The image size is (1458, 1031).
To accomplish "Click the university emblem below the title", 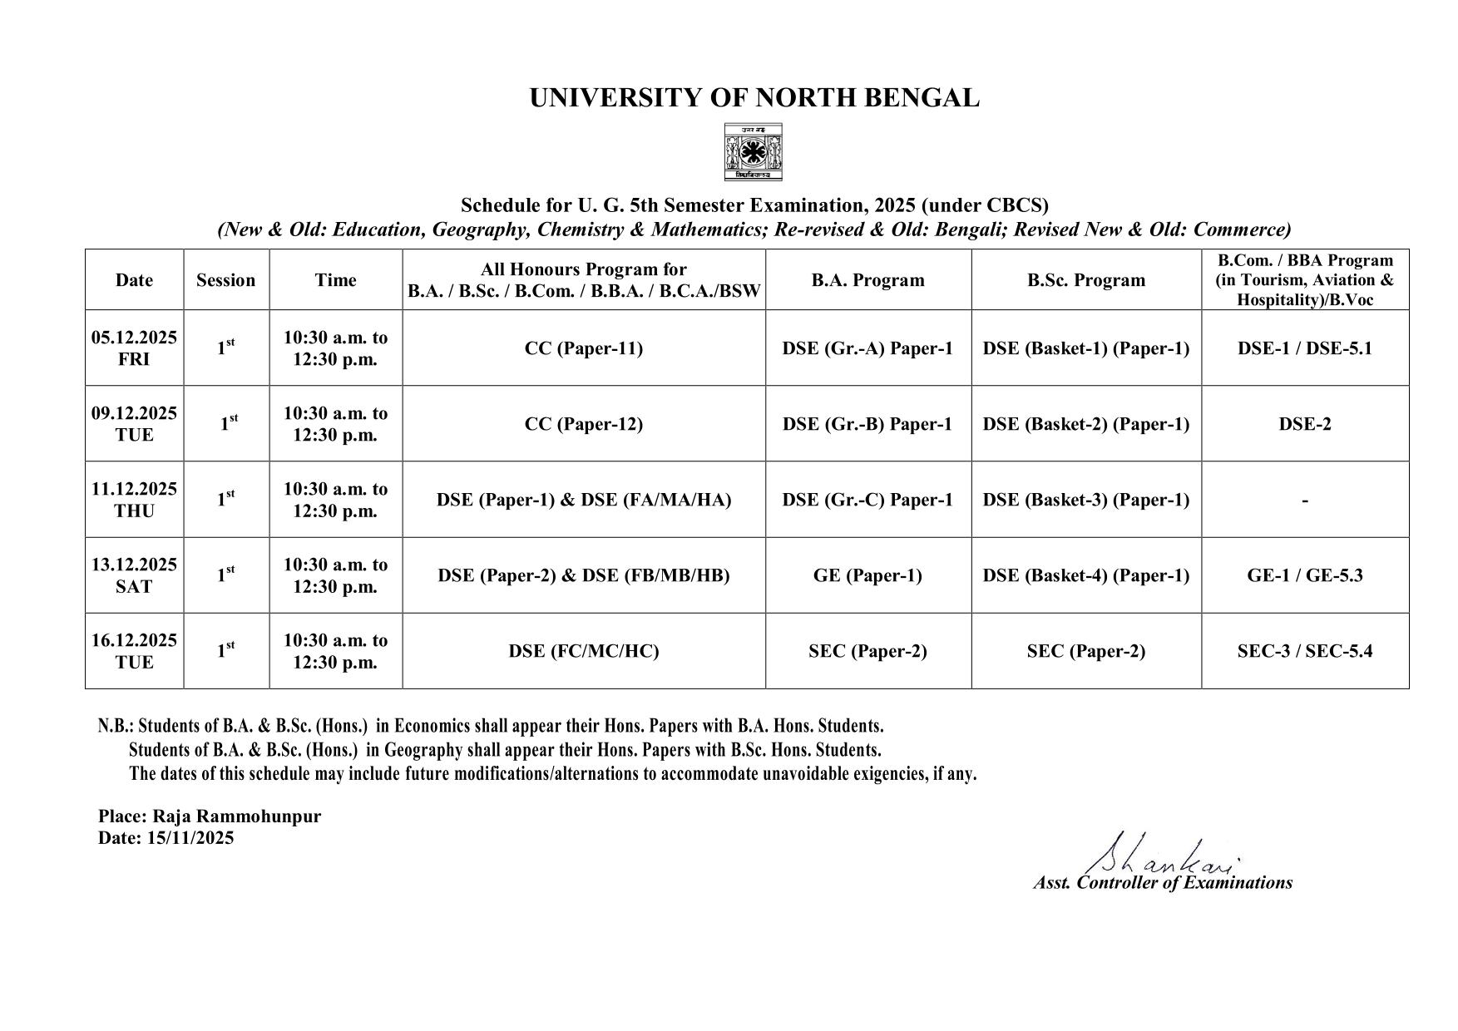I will click(753, 152).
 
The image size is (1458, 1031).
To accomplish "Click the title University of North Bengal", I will click(754, 98).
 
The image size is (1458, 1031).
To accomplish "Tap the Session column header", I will click(225, 280).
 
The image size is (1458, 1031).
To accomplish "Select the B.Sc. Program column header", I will click(1085, 280).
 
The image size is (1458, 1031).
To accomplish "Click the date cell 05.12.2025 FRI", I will click(134, 348).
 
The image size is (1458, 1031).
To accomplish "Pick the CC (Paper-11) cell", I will click(583, 348).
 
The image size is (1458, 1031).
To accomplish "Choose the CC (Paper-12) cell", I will click(583, 424).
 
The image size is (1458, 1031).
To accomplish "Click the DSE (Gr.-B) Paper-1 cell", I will click(867, 424).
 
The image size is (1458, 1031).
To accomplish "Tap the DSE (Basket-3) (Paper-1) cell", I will click(1085, 500).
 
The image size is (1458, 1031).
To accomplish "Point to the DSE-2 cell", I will click(1304, 424).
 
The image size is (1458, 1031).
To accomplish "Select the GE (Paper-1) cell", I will click(867, 575).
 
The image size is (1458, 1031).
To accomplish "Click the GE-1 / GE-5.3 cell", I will click(1304, 575).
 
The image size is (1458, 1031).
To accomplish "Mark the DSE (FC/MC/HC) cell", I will click(583, 651).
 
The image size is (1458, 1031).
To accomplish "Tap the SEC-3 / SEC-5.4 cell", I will click(1304, 651).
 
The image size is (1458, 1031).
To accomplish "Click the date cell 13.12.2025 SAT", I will click(134, 575).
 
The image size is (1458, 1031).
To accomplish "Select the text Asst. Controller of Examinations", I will click(1162, 883).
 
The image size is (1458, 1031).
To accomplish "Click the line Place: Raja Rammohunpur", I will click(209, 816).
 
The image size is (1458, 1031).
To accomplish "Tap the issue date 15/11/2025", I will click(190, 837).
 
